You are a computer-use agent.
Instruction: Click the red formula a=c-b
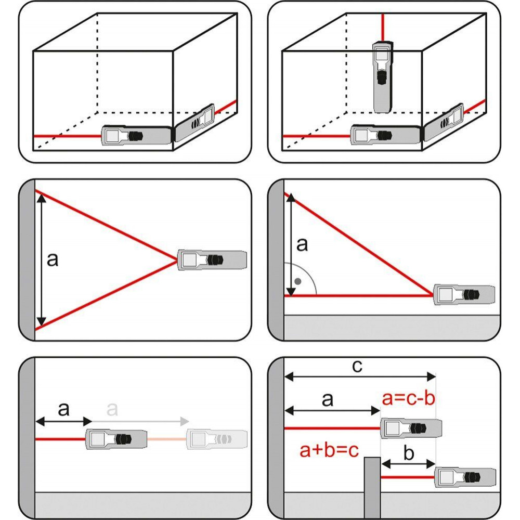[408, 399]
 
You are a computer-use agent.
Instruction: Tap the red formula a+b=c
[330, 450]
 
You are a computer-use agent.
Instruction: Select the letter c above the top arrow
[357, 367]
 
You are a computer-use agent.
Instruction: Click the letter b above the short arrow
[409, 453]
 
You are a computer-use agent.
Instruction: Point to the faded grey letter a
[112, 409]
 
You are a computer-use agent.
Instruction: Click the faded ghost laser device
[216, 438]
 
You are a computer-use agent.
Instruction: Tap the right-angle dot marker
[297, 281]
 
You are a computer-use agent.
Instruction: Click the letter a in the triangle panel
[53, 259]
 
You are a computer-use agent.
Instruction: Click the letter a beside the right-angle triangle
[302, 244]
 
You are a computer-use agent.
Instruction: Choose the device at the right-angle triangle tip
[463, 294]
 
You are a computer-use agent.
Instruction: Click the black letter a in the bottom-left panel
[63, 409]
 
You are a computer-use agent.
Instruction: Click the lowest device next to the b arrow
[465, 476]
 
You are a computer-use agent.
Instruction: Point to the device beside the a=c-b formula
[411, 428]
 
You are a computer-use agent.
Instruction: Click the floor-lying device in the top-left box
[135, 136]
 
